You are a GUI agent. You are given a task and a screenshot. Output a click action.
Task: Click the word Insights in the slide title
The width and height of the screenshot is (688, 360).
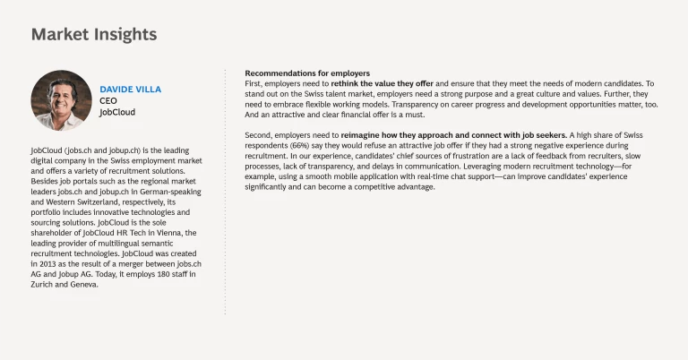click(x=124, y=35)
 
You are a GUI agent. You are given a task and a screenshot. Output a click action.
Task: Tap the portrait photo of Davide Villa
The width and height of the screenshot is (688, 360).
click(x=62, y=100)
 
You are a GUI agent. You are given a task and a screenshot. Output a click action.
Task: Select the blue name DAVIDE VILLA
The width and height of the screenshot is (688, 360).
click(x=130, y=90)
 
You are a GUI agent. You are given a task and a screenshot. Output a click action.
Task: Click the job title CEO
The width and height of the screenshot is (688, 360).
click(x=107, y=102)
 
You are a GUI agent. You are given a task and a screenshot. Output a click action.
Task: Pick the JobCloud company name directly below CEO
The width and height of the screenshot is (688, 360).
click(x=117, y=114)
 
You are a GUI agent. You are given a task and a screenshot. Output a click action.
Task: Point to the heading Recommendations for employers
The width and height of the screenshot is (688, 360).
click(x=307, y=73)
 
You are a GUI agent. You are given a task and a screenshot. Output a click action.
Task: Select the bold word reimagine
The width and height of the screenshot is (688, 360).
click(x=364, y=134)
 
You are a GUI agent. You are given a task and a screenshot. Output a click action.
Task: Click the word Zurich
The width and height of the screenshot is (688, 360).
click(x=45, y=286)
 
